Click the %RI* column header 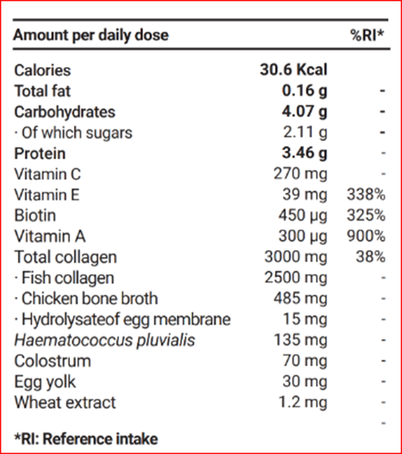click(x=367, y=35)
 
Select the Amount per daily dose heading click(x=91, y=36)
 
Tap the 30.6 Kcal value click(x=294, y=69)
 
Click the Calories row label click(x=42, y=70)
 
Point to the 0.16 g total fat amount click(x=305, y=91)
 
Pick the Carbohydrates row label click(x=64, y=112)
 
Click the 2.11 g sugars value click(x=305, y=132)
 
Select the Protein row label click(x=40, y=154)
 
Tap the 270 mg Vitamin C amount click(x=300, y=174)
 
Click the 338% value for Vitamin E click(x=366, y=194)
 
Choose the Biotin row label click(x=35, y=216)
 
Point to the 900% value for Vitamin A click(x=366, y=236)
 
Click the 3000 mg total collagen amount click(x=296, y=257)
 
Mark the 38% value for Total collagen click(x=371, y=257)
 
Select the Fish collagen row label click(x=64, y=279)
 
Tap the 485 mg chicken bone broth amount click(x=300, y=298)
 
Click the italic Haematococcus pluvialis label click(x=105, y=340)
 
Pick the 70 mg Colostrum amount click(x=305, y=361)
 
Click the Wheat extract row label click(x=65, y=403)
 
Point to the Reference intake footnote click(x=86, y=439)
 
